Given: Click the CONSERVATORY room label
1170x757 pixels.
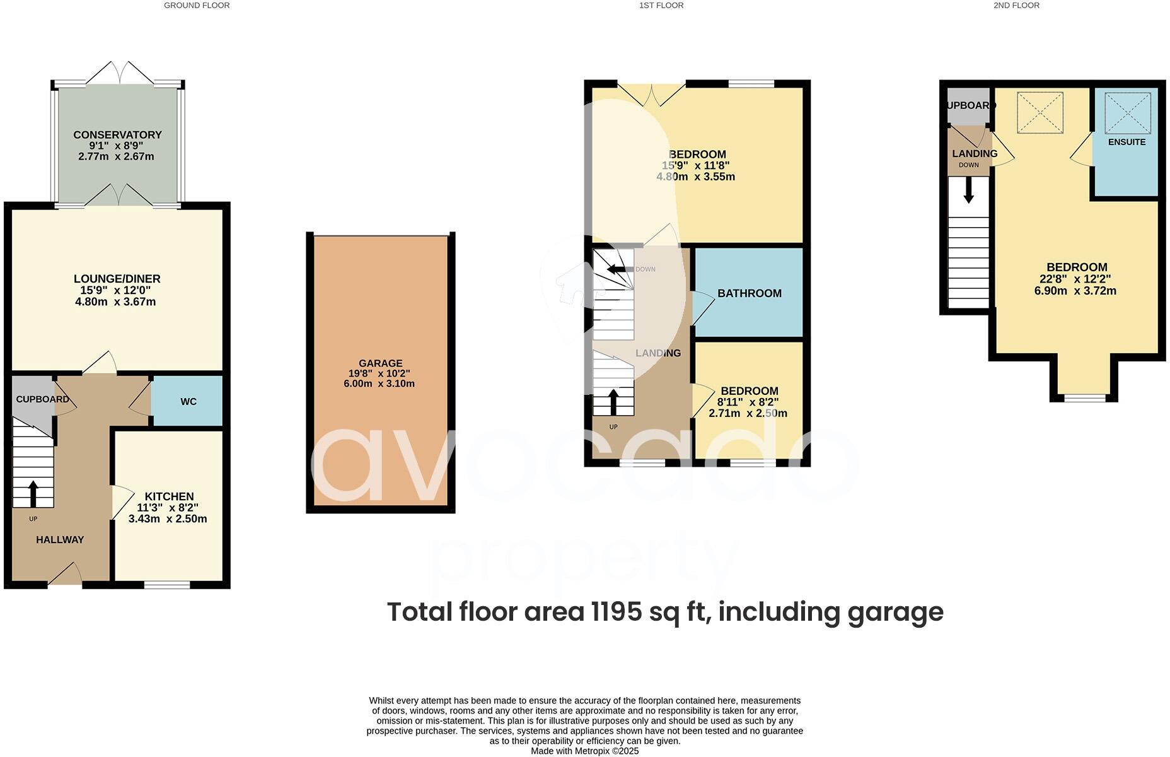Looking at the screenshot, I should pyautogui.click(x=117, y=134).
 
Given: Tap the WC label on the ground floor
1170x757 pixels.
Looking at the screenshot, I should pyautogui.click(x=188, y=402).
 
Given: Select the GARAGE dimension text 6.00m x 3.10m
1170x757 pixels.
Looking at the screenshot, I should pyautogui.click(x=379, y=384).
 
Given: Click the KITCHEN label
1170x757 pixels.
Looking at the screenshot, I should pyautogui.click(x=169, y=496).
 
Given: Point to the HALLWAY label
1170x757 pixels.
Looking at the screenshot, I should pyautogui.click(x=60, y=540).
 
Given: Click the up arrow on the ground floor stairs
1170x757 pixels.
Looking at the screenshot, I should pyautogui.click(x=33, y=494).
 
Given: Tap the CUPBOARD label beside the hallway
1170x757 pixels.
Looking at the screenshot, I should pyautogui.click(x=42, y=399).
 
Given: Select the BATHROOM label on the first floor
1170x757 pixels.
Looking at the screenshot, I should pyautogui.click(x=749, y=293).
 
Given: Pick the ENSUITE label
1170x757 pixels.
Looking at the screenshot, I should pyautogui.click(x=1127, y=142).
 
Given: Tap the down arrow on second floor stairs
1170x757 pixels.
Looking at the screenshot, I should pyautogui.click(x=968, y=191).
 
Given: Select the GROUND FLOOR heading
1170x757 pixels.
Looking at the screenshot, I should pyautogui.click(x=197, y=5).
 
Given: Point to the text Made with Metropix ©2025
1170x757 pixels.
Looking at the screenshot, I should pyautogui.click(x=584, y=751).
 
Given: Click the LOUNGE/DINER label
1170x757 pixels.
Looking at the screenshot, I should pyautogui.click(x=117, y=279).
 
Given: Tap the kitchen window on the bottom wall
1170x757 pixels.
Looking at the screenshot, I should pyautogui.click(x=167, y=585).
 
